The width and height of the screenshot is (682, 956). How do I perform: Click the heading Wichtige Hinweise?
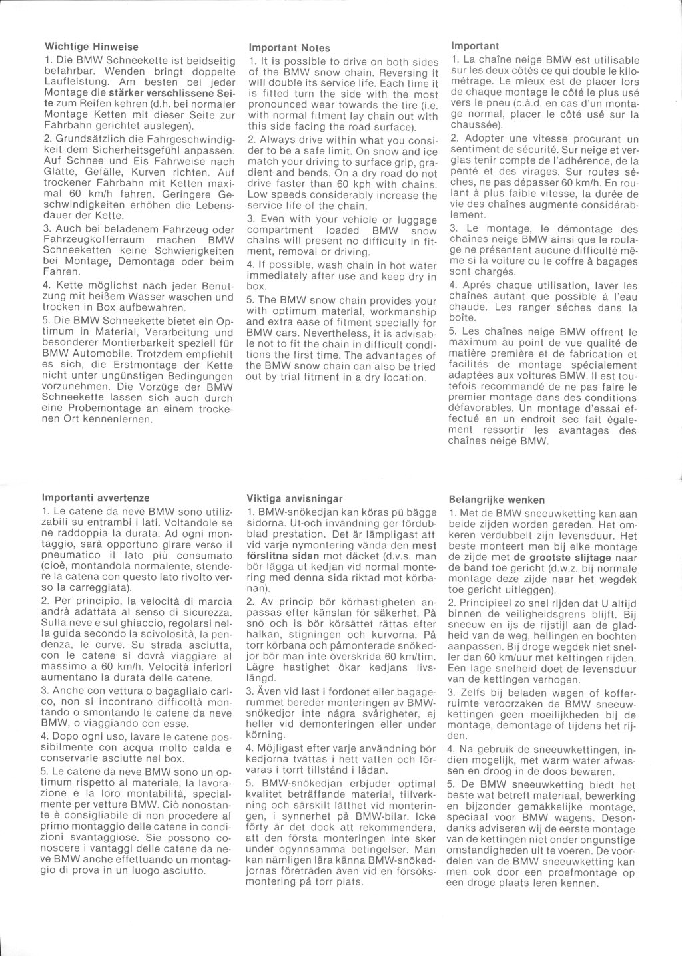coord(91,47)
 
